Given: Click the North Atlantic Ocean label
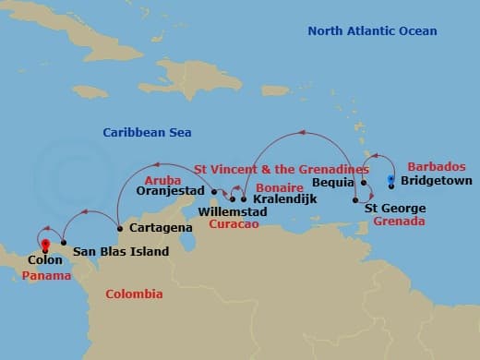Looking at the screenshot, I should pos(372,31).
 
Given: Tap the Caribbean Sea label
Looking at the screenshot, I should pos(147,133).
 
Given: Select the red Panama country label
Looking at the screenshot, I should pos(45,276).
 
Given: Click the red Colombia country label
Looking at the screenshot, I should pos(134,294).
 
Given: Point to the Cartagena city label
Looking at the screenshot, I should pos(161,227).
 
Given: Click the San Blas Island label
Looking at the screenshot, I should pos(121,251).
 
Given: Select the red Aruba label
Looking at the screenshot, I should pos(162,180).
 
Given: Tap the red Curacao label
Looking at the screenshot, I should pos(232,224).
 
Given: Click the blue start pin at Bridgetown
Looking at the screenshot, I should pos(391,178).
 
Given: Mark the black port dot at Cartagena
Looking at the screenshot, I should pos(120,228).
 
